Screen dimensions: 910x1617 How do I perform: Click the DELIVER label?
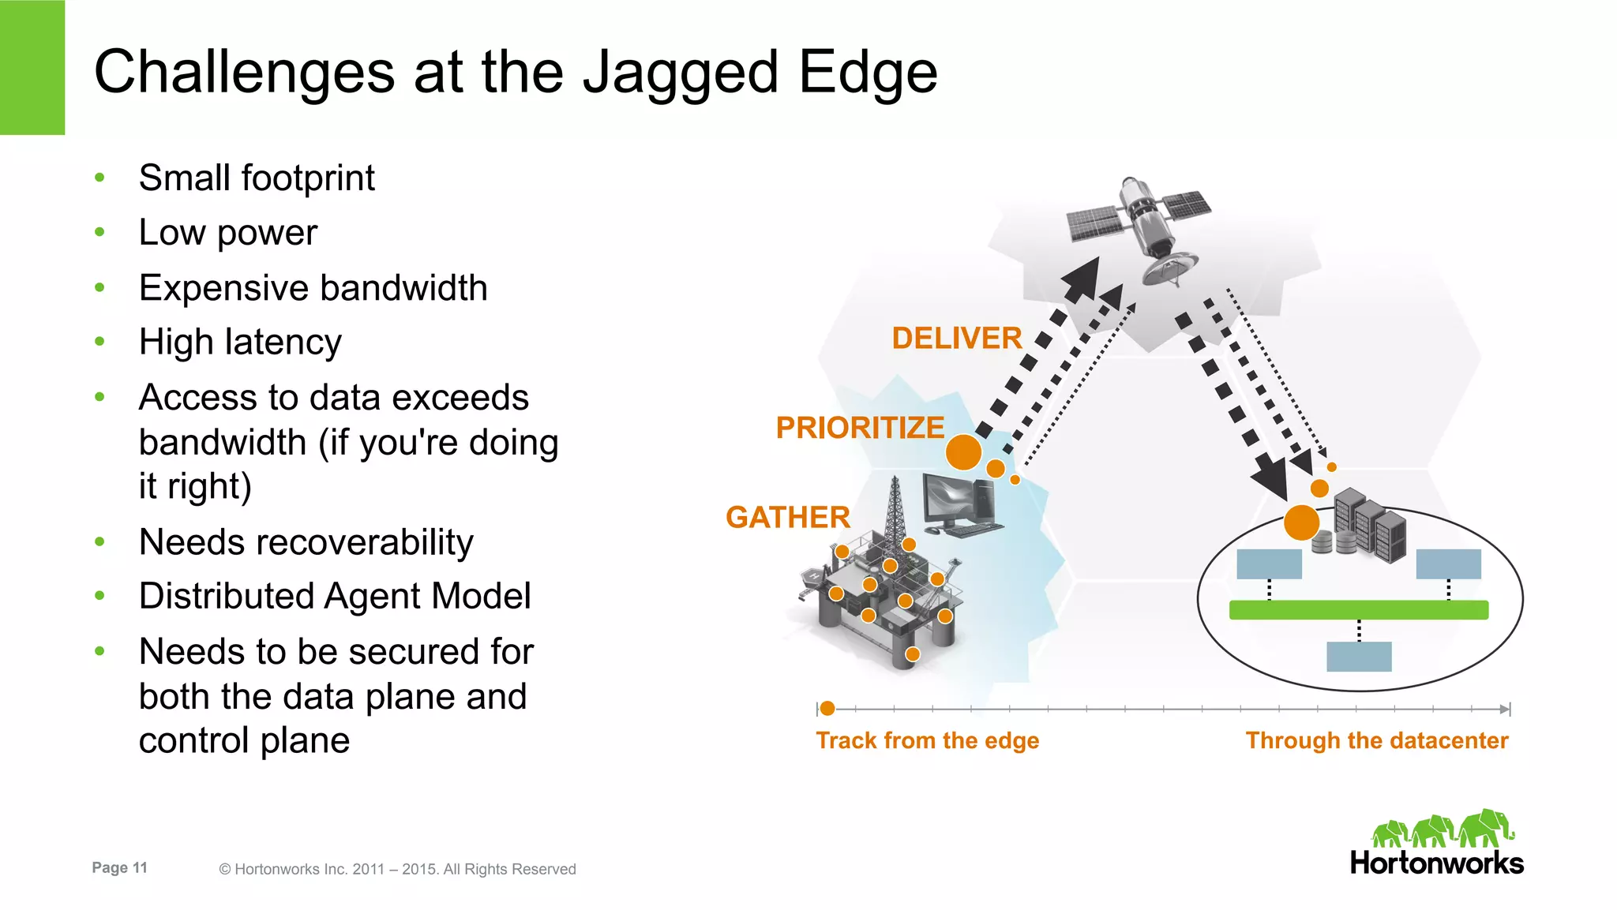click(x=956, y=338)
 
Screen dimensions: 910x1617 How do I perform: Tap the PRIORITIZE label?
click(x=859, y=427)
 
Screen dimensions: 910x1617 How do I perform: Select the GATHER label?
click(x=787, y=517)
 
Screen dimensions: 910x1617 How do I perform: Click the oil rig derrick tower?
click(x=894, y=513)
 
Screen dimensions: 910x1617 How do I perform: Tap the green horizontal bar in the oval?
click(x=1358, y=609)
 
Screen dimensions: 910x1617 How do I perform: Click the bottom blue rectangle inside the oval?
click(x=1358, y=656)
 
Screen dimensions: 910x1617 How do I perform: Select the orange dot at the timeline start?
click(x=827, y=708)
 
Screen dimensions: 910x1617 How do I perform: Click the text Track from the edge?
click(x=927, y=740)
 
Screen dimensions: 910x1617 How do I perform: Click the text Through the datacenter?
click(x=1376, y=740)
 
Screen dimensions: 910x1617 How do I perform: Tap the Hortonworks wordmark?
click(x=1436, y=863)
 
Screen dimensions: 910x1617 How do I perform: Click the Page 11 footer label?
click(x=119, y=867)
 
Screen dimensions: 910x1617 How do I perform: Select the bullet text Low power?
click(x=227, y=233)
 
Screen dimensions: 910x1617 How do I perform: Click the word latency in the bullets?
click(x=283, y=343)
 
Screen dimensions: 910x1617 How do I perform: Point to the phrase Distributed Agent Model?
click(x=335, y=596)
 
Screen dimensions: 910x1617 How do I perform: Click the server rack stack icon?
click(x=1370, y=525)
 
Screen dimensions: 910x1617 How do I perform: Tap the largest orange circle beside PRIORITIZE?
click(x=963, y=452)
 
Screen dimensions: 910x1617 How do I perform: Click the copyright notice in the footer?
click(x=397, y=869)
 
